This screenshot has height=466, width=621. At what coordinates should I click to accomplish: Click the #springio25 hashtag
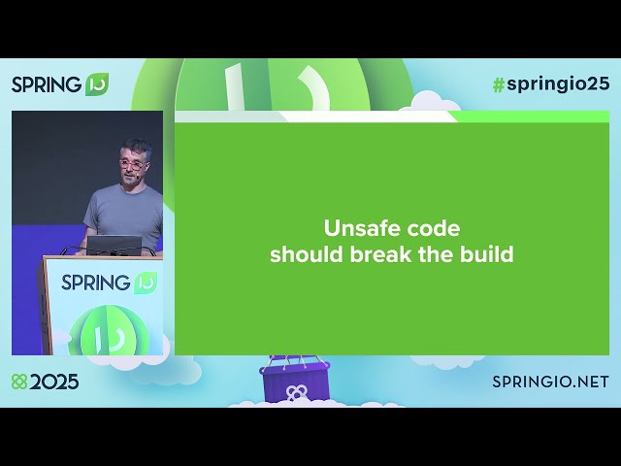pos(550,83)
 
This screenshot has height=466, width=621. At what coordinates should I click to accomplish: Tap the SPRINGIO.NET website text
pos(550,382)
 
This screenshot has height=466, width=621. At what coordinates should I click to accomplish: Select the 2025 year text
pos(54,382)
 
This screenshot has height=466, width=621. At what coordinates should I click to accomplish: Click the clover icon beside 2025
pos(18,382)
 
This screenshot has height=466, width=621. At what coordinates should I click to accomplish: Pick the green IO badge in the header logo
pos(97,83)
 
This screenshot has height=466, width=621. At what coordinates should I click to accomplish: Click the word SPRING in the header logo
pos(47,84)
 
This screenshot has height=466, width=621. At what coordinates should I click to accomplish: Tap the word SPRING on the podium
pos(95,283)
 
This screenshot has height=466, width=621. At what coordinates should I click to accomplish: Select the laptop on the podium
pos(114,245)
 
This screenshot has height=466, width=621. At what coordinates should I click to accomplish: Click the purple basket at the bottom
pos(295,383)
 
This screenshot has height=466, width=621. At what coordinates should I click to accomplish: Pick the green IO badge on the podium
pos(145,283)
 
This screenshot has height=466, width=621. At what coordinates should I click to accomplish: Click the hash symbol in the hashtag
pos(499,83)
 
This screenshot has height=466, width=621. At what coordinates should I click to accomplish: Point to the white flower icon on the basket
pos(295,392)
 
